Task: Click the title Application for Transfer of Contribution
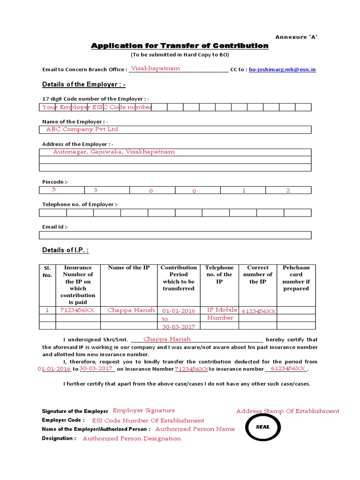(180, 45)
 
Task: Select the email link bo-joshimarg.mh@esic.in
(282, 69)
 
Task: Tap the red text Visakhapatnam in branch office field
(155, 68)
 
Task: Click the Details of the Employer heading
(83, 84)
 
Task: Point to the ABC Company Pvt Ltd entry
(82, 129)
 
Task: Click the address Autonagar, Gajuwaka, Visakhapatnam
(114, 152)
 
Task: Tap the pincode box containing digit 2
(288, 190)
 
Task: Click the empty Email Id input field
(175, 235)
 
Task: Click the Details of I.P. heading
(65, 250)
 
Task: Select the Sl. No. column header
(47, 271)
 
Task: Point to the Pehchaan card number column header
(296, 278)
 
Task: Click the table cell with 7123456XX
(78, 310)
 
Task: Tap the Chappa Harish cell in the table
(131, 310)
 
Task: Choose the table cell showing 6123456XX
(259, 311)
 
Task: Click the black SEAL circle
(263, 427)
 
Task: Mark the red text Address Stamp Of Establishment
(287, 411)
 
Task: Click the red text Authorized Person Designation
(132, 439)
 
